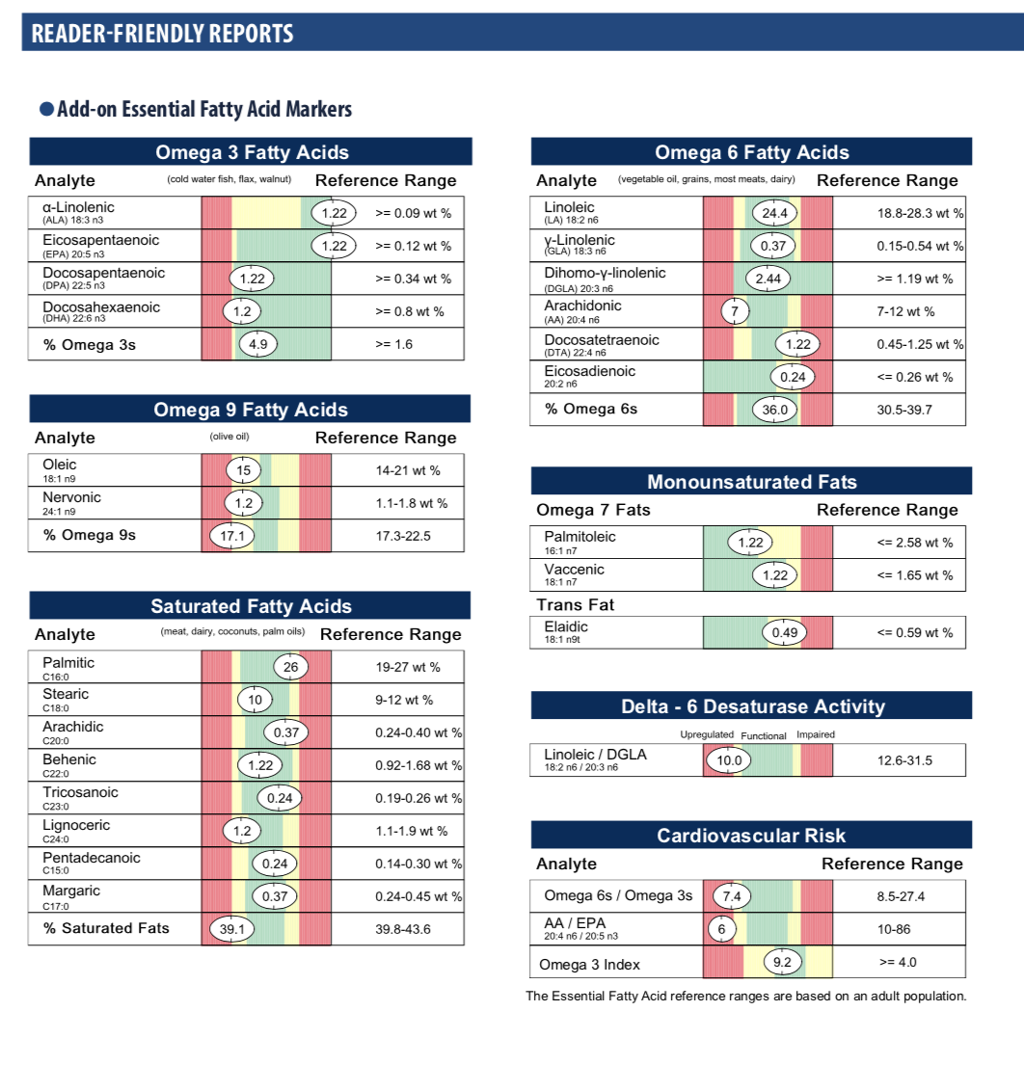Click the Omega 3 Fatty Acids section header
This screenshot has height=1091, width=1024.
click(x=251, y=152)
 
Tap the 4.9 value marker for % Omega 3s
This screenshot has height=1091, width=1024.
click(x=258, y=344)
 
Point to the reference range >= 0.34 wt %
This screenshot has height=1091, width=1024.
click(x=413, y=279)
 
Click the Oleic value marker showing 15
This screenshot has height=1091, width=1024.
click(x=243, y=470)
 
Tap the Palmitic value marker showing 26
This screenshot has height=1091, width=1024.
click(x=290, y=666)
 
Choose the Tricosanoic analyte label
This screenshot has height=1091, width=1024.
click(x=80, y=792)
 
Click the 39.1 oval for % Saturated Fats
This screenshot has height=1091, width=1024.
click(x=231, y=929)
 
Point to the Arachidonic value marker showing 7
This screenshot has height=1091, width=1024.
click(x=735, y=311)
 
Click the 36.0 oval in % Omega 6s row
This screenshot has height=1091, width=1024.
click(x=775, y=410)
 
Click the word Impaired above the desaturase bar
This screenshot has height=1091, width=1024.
click(x=816, y=734)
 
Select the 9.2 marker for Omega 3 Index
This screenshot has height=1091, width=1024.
click(x=782, y=962)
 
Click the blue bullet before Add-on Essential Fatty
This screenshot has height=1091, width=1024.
click(x=45, y=109)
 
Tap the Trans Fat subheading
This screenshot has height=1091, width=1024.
click(x=575, y=605)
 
